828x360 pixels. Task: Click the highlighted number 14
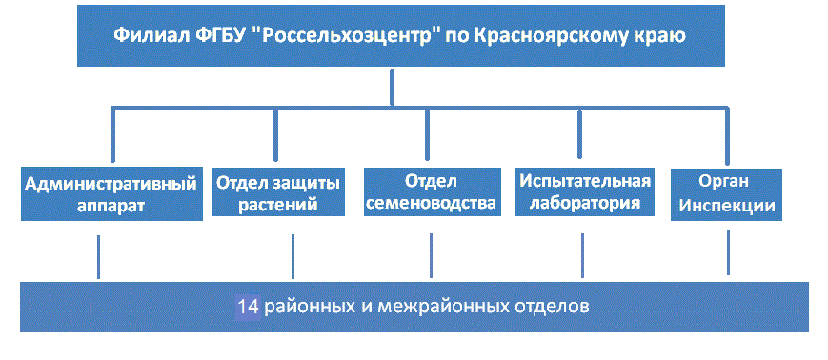tap(248, 306)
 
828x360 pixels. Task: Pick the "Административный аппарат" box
tap(111, 193)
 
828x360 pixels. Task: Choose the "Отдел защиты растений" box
tap(278, 192)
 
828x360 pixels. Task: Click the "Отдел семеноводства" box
tap(433, 191)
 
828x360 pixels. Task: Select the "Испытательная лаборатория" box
tap(585, 191)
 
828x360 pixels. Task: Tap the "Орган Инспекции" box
tap(726, 194)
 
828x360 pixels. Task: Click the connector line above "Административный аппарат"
tap(112, 134)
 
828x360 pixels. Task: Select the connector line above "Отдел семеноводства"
tap(427, 134)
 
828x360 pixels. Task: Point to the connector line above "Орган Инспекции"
tap(727, 135)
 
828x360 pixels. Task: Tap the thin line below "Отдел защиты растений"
tap(293, 256)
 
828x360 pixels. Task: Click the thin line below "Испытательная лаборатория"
tap(582, 255)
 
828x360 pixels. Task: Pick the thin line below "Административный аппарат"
tap(98, 256)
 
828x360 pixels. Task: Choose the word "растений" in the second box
tap(278, 204)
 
